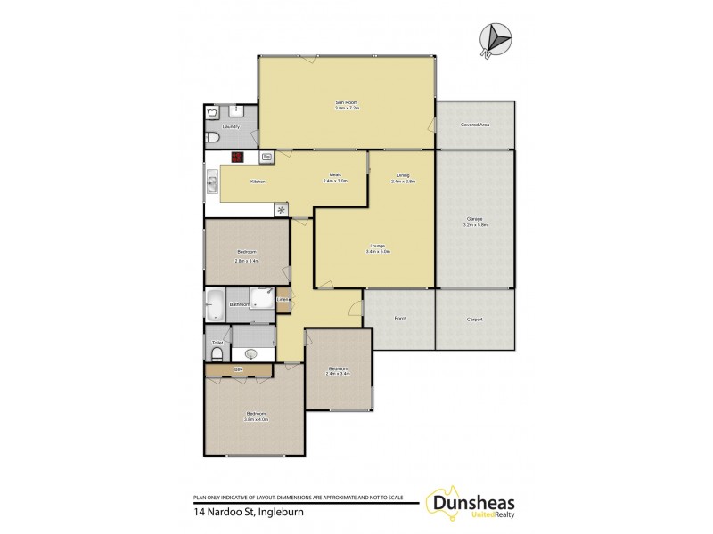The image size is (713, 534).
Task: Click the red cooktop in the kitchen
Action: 237,158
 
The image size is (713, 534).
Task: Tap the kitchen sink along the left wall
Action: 212,185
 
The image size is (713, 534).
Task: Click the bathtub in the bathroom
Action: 214,304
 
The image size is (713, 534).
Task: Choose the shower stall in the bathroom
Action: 262,298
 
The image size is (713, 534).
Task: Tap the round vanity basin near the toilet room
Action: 250,353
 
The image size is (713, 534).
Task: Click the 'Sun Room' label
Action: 347,103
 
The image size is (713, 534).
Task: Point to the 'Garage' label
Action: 474,218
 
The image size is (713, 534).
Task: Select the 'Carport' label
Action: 474,320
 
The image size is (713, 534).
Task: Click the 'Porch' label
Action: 400,320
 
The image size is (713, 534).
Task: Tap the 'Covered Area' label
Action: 474,125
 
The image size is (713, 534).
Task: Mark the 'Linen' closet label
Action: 282,299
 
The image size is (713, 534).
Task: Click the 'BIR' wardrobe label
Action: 238,368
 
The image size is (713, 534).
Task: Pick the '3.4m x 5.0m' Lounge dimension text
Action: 378,252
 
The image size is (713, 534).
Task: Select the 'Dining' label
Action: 403,175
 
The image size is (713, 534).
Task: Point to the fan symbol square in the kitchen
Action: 282,210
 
